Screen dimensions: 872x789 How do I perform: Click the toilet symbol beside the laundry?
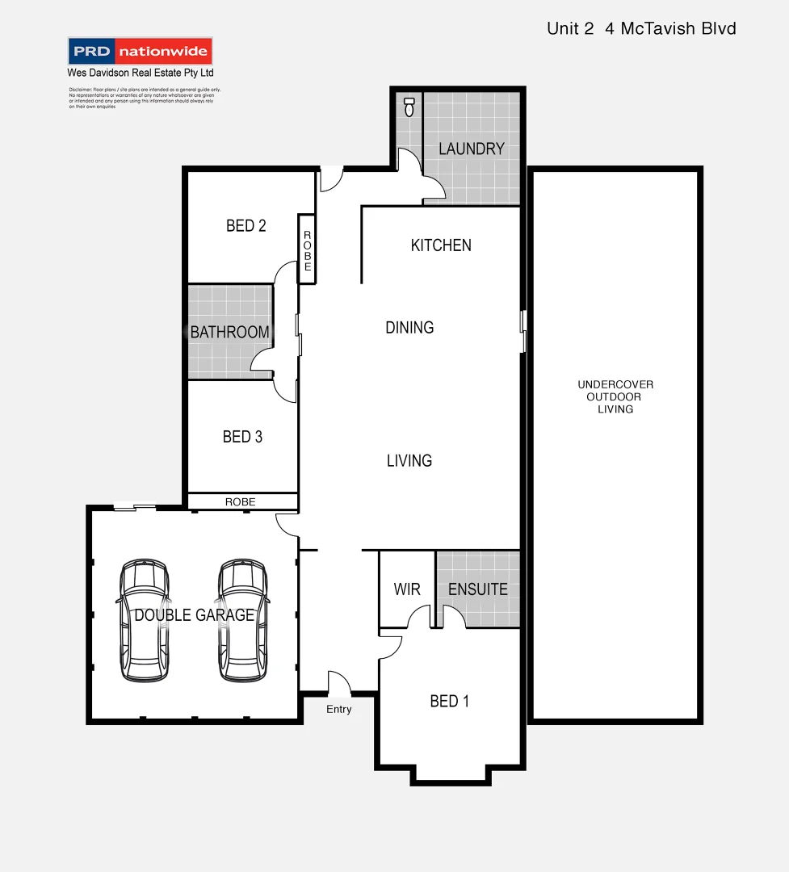(409, 107)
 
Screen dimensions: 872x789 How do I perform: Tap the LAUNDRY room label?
(471, 149)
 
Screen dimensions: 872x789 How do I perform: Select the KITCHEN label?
(441, 245)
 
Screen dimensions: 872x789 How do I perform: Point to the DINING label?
(409, 327)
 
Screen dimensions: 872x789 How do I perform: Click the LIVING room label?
(409, 460)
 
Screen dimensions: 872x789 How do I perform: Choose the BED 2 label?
(246, 226)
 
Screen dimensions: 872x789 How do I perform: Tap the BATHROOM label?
(229, 332)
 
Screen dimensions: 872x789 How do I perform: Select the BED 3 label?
(242, 437)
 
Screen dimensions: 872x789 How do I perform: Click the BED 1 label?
(449, 701)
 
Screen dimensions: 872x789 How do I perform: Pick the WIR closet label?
(407, 589)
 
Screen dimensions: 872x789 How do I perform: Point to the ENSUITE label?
(477, 589)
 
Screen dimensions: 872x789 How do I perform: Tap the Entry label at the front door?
(339, 709)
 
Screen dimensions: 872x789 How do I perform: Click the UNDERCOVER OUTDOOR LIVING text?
(615, 396)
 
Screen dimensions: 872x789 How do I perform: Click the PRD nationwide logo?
(141, 52)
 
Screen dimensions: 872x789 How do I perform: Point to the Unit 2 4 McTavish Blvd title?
(641, 29)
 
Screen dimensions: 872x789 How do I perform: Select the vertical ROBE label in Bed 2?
(307, 249)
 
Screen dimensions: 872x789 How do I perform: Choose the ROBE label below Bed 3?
(240, 502)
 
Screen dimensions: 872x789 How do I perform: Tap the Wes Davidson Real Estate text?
(140, 73)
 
